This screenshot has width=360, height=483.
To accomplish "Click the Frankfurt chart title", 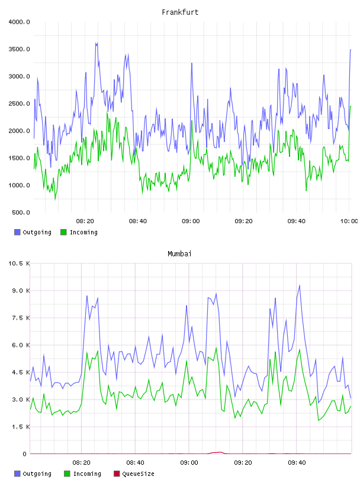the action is pos(180,12).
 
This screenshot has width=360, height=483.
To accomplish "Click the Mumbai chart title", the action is pos(179,253).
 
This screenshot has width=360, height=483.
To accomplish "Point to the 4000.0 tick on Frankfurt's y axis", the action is pos(19,22).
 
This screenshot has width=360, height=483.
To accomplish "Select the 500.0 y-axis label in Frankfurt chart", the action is pos(21,212).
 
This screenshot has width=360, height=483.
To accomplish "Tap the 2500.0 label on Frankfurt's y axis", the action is pos(19,104).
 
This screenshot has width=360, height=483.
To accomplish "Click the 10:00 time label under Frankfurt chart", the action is pos(349,221).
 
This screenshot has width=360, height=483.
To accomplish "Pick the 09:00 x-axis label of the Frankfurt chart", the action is pos(191,221).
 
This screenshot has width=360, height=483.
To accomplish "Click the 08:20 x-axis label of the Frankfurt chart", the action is pos(85,221).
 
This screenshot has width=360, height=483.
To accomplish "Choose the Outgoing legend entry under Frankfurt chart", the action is pos(33,232).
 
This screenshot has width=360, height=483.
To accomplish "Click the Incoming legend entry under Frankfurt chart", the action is pos(79,232).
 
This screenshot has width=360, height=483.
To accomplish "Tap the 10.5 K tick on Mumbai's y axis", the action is pos(19,263).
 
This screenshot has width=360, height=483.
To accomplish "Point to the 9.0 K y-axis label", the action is pos(21,291).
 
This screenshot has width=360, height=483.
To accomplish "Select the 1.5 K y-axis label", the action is pos(21,427).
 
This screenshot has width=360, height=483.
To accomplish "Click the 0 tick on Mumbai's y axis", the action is pos(25,454).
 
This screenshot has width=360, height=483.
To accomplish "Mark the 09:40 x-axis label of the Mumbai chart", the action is pos(297,463).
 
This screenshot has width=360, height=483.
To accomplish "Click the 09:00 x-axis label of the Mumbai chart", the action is pos(189,463).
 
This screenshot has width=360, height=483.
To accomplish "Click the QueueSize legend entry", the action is pos(134,474).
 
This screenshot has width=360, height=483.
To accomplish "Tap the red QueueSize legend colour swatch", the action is pos(117,474).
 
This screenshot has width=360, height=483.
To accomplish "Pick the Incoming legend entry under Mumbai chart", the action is pos(83,474).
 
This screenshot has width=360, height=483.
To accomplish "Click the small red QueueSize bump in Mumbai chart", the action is pos(217,452).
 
